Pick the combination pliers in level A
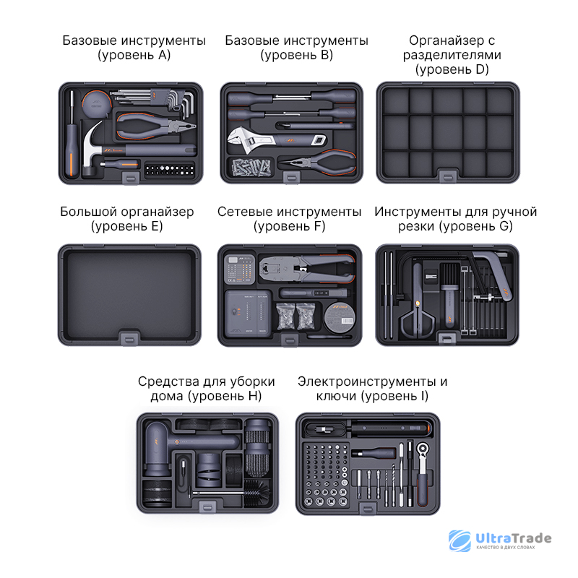(155, 126)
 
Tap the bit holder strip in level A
(169, 170)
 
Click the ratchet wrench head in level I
(423, 449)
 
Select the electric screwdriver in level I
(390, 428)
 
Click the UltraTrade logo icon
(460, 540)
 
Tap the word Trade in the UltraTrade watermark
(532, 538)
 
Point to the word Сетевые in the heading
(245, 212)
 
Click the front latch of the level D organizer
(448, 176)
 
